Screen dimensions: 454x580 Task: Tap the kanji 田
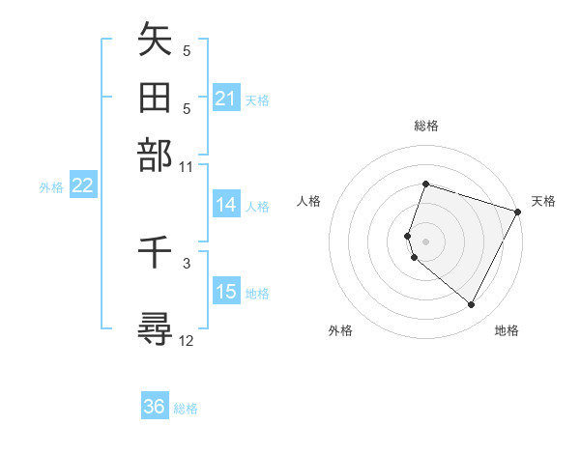click(155, 98)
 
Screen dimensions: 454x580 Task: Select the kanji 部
click(155, 155)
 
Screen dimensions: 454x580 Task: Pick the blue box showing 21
click(226, 99)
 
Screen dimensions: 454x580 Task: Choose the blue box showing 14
click(226, 205)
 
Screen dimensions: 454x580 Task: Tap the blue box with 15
click(226, 293)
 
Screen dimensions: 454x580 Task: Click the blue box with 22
click(83, 186)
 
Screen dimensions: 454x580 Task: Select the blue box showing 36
click(155, 407)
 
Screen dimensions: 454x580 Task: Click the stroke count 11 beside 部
click(187, 166)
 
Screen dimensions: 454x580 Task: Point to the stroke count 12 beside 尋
click(187, 340)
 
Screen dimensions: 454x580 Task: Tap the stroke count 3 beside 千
click(187, 262)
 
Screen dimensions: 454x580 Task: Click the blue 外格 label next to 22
click(51, 187)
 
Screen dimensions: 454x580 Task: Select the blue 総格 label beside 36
click(186, 409)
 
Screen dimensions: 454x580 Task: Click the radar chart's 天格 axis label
click(543, 201)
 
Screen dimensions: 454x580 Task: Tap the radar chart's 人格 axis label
click(308, 201)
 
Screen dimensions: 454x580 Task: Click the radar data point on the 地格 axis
click(472, 305)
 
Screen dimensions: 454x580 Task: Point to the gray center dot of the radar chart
click(425, 241)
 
